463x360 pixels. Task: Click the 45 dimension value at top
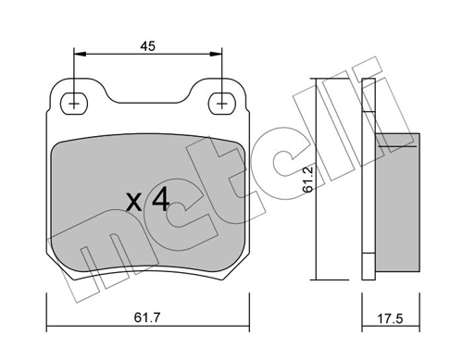[147, 46]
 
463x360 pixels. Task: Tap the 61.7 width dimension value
[147, 317]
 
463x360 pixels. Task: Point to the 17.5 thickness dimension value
[390, 318]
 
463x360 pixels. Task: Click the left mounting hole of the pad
[74, 104]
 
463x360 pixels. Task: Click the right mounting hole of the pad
[222, 104]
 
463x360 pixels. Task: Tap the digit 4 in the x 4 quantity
[161, 199]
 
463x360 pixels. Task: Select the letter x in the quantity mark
[134, 203]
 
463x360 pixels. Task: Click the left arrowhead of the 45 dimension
[80, 54]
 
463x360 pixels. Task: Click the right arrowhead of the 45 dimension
[216, 54]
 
